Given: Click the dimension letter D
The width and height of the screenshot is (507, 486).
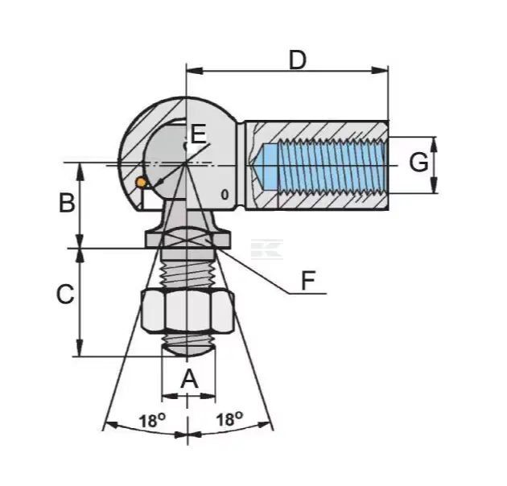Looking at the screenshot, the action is coord(297,60).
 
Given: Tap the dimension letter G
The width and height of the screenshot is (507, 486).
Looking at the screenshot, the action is coord(418,162).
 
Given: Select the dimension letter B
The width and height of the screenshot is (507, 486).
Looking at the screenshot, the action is coord(67,203).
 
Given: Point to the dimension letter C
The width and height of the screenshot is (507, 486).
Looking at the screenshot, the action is coord(66,294).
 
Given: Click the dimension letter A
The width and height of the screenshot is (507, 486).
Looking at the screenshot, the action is coord(189,379).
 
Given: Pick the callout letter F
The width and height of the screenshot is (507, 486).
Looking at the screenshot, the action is coord(307,281).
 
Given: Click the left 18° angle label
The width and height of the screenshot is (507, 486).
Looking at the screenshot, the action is coord(152,420).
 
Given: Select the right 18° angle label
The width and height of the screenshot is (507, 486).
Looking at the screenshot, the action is coord(229,419).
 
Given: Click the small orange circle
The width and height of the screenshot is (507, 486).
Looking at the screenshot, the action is coord(141,183).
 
